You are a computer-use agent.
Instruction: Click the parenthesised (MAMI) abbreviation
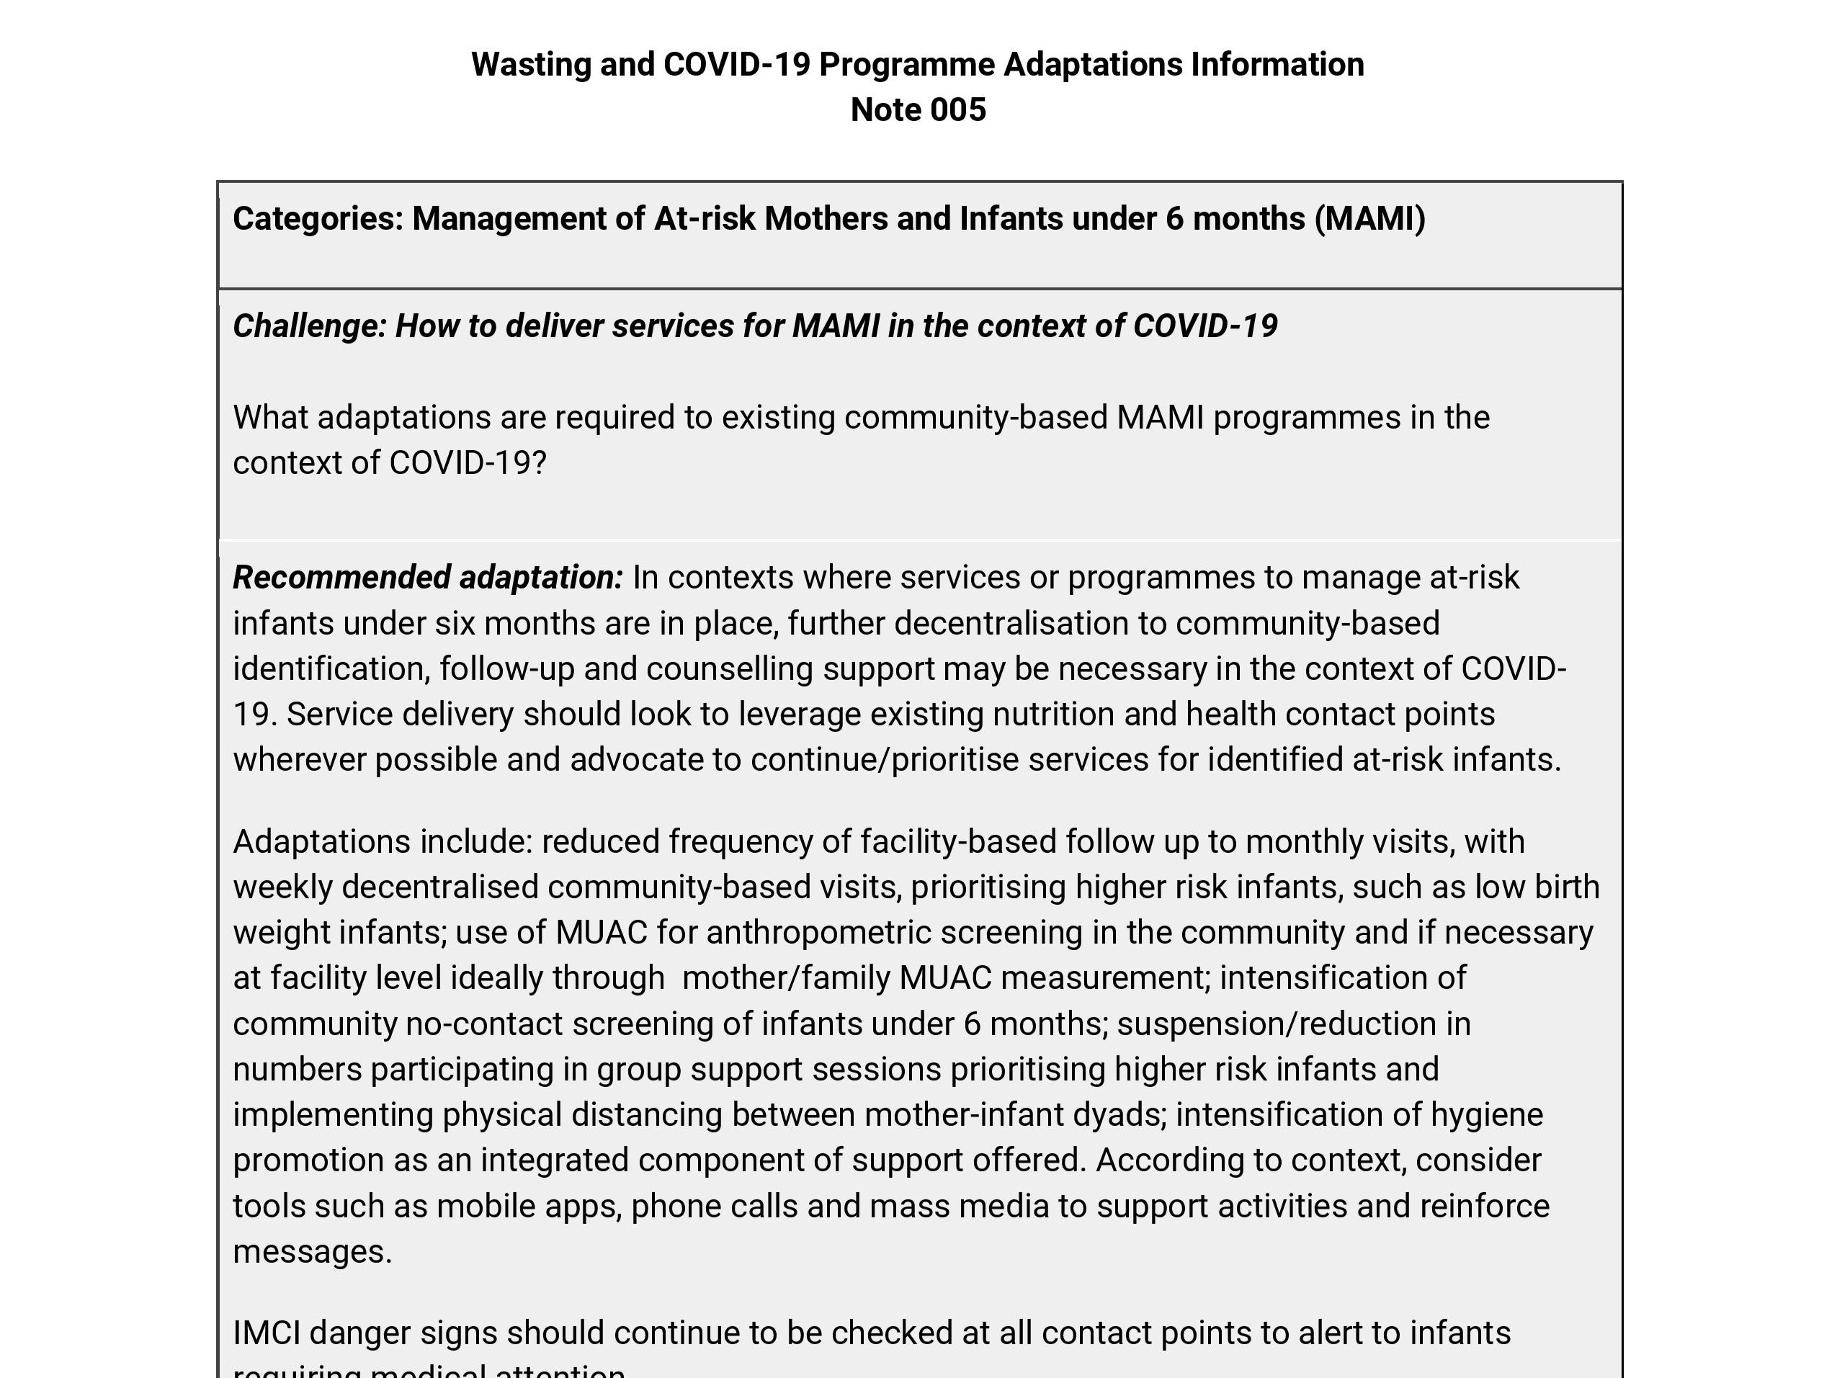click(x=1369, y=218)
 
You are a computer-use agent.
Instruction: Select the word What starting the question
click(x=270, y=417)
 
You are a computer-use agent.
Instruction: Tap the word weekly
click(x=282, y=887)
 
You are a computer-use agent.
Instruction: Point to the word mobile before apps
click(x=486, y=1206)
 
